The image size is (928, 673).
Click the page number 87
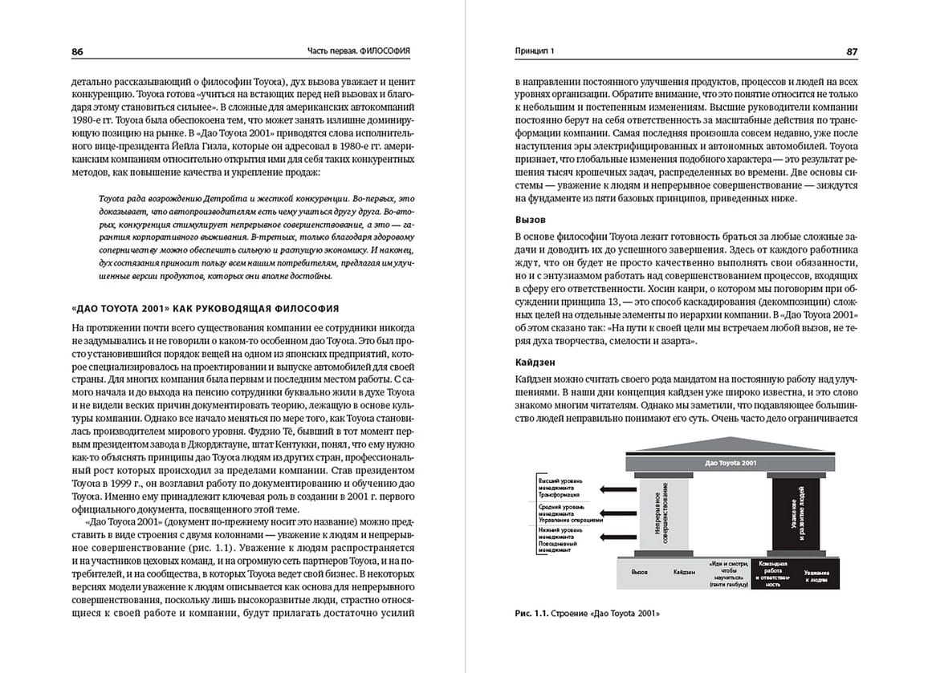(x=852, y=51)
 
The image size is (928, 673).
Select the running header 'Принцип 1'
(x=534, y=51)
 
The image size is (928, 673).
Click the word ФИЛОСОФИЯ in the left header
(x=385, y=51)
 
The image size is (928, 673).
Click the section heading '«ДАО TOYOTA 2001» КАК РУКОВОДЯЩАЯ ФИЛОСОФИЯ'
(x=206, y=308)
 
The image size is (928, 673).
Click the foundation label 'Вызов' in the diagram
(x=640, y=573)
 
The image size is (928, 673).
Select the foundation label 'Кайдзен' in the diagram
(x=685, y=573)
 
